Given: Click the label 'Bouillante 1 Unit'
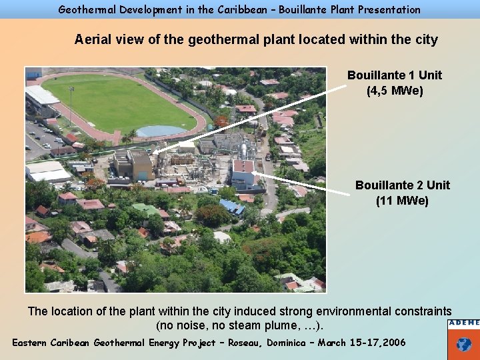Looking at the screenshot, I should coord(394,75).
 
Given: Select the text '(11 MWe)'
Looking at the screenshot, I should coord(402,200).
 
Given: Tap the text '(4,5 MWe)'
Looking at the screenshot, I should coord(394,91).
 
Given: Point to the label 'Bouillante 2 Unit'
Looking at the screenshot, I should coord(402,185).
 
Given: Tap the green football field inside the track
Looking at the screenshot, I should coord(120,103).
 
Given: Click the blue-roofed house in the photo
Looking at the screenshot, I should coord(232,207).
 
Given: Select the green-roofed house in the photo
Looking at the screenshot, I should coord(145,209).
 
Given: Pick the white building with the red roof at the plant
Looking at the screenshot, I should coord(243,173).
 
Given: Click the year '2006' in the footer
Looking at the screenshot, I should coord(391,343).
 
